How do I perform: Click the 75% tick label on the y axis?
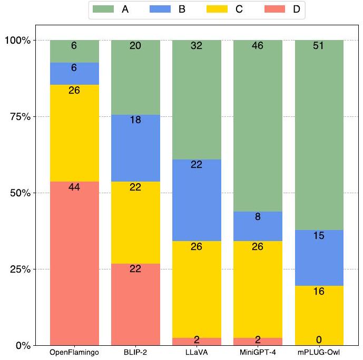click(19, 116)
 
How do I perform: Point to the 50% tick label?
click(19, 193)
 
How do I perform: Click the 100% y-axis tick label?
click(17, 40)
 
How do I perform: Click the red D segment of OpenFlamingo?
click(74, 263)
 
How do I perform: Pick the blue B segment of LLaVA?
click(197, 200)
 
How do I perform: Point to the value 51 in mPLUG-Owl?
click(319, 46)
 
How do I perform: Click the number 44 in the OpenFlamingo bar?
click(74, 187)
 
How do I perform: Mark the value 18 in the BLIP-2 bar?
click(135, 120)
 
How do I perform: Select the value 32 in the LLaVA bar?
click(197, 46)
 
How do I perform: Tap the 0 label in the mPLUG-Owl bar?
click(319, 339)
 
